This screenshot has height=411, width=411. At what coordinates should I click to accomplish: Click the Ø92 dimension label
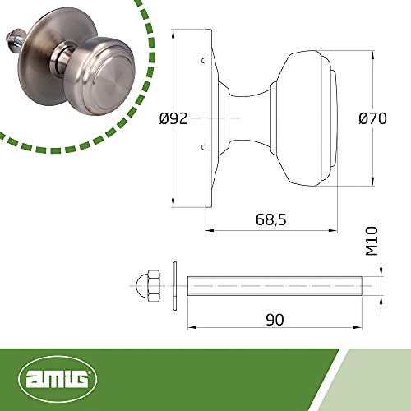173,118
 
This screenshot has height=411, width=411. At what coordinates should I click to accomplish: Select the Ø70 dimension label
372,118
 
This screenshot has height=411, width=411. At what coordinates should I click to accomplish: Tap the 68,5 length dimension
271,219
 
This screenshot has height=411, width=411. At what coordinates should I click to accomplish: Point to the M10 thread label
372,241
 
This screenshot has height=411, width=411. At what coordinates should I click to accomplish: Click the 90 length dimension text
275,320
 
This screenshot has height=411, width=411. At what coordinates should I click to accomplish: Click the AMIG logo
58,379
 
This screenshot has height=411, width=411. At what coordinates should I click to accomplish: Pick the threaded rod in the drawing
275,286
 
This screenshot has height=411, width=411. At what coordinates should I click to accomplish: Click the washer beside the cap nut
174,286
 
